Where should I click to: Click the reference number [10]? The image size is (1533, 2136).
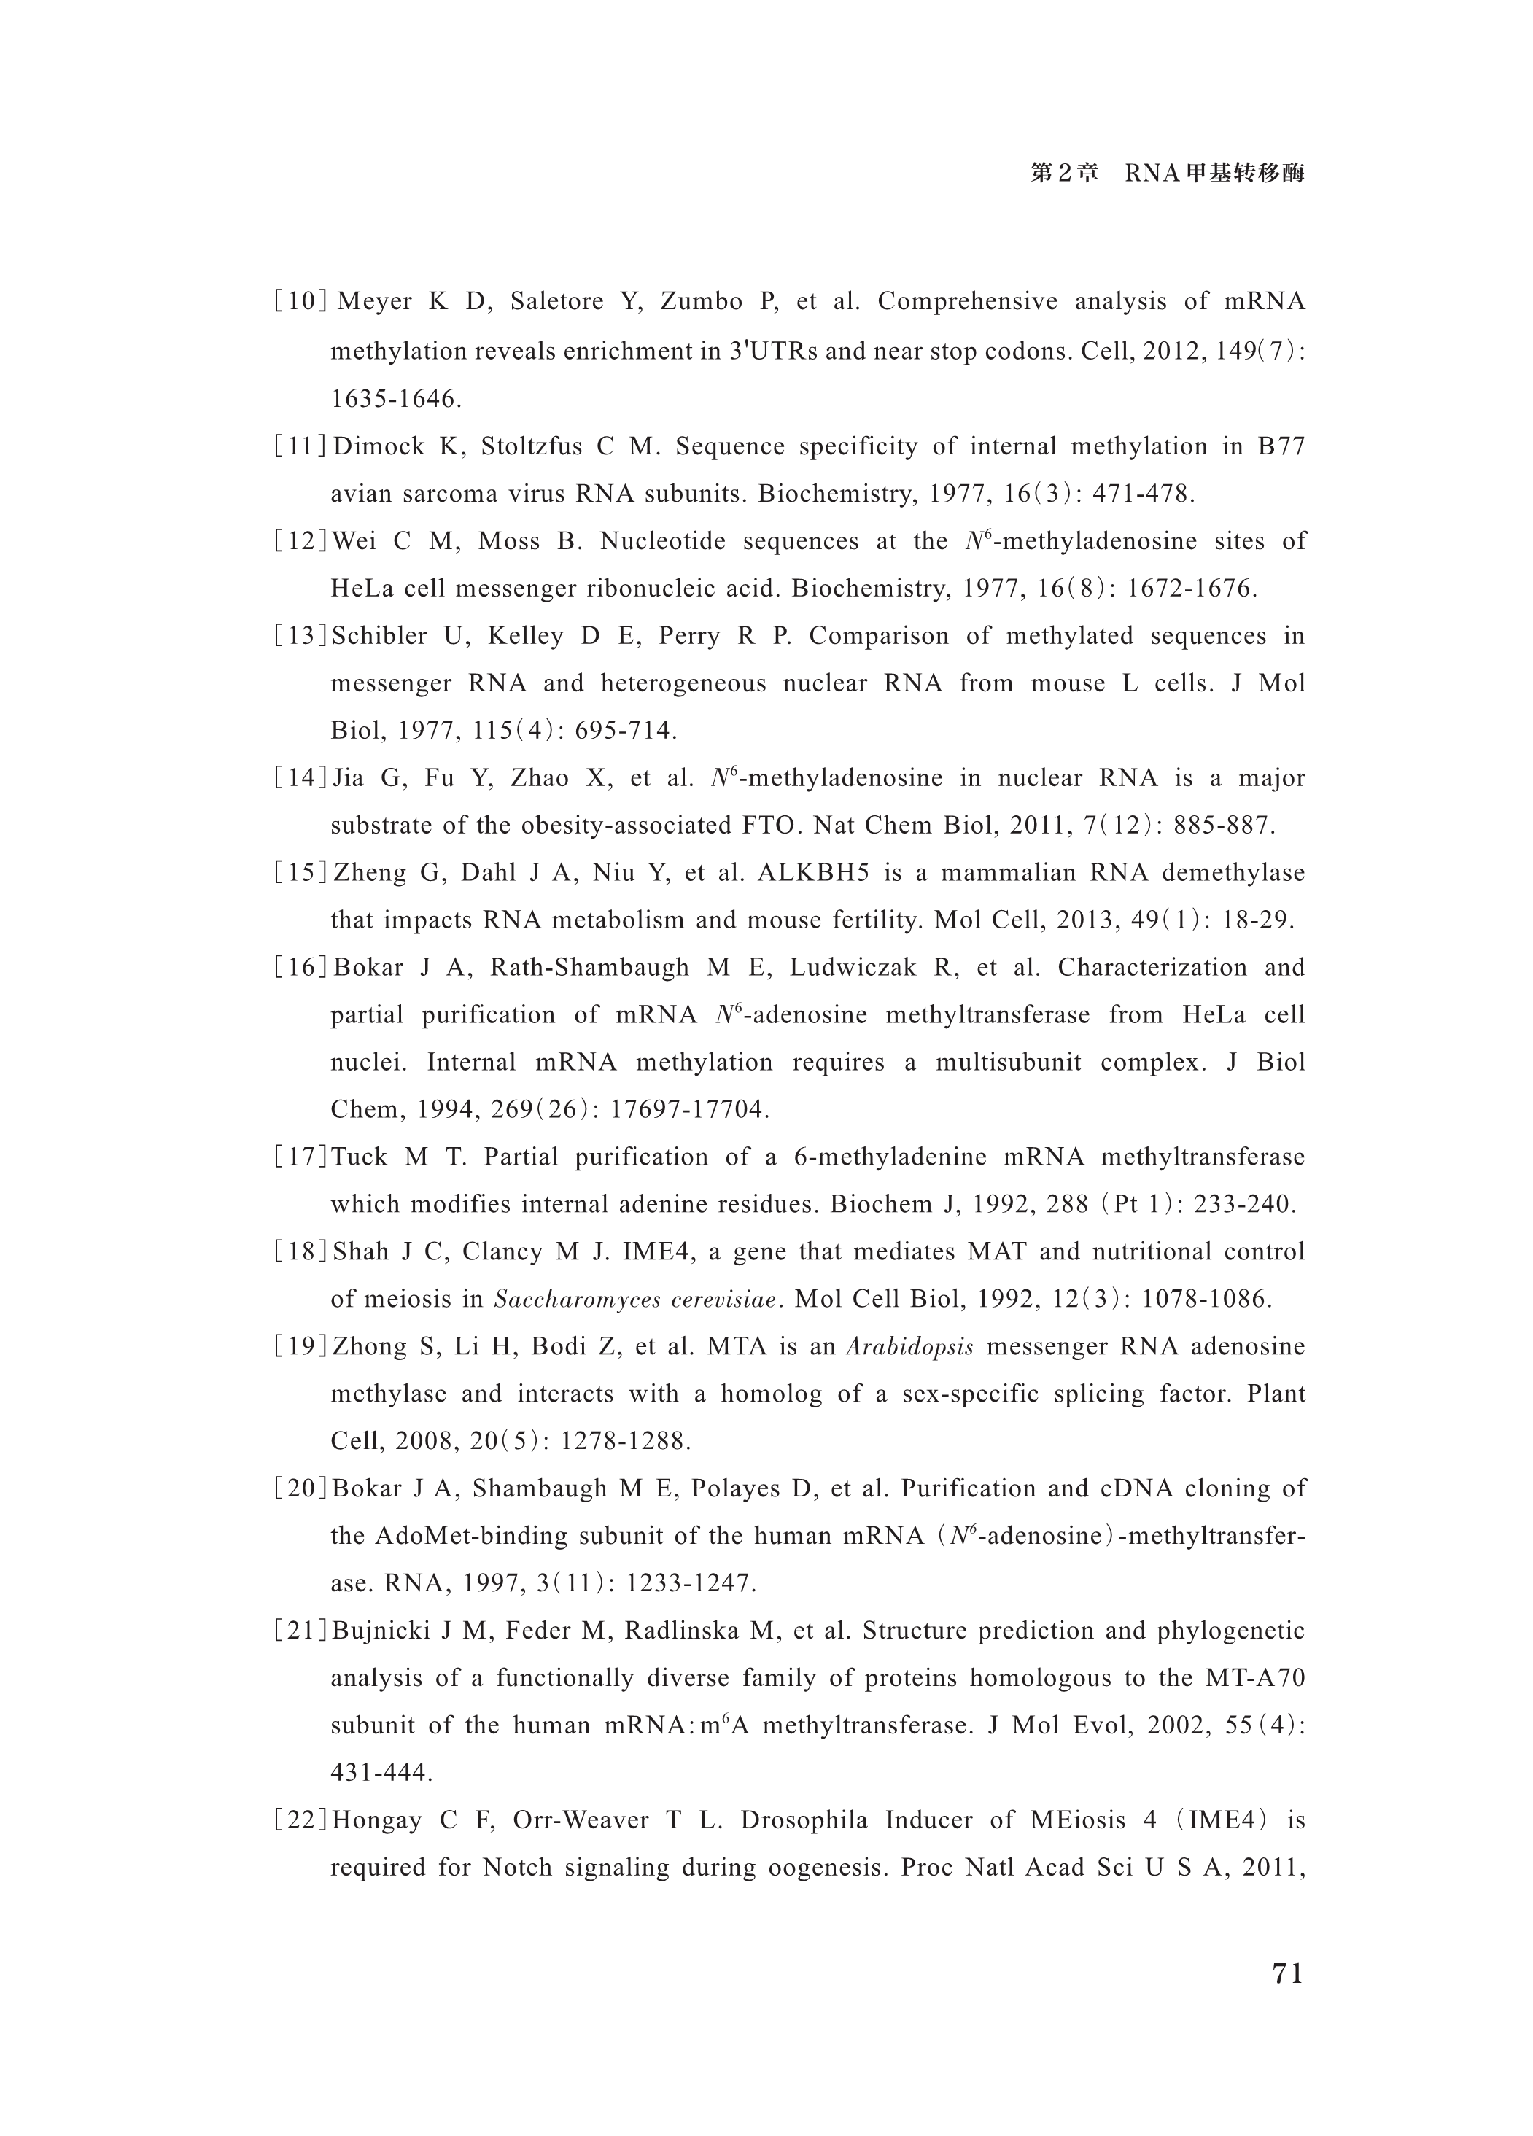[300, 303]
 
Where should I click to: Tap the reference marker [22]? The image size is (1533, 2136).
[300, 1820]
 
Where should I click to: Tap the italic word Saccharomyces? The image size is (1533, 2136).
[562, 1300]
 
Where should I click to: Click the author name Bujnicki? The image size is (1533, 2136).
[376, 1632]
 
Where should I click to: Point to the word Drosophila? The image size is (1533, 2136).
[804, 1820]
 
